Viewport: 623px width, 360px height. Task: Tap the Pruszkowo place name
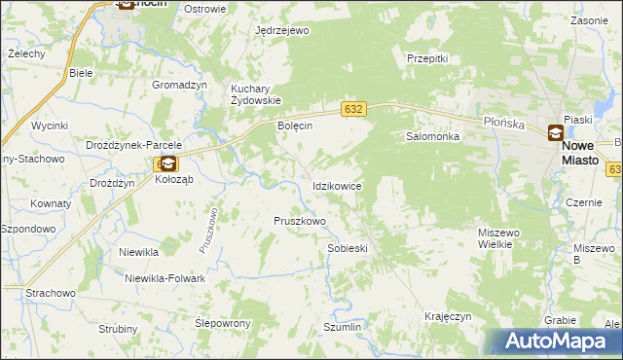299,221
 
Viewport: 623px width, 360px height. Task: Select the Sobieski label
348,248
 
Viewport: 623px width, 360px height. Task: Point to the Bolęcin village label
294,126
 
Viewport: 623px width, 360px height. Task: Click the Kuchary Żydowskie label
255,94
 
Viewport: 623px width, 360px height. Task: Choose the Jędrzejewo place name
281,31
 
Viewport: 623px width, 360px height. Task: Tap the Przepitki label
427,58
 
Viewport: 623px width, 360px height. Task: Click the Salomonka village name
432,137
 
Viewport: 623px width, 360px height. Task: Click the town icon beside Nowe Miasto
555,133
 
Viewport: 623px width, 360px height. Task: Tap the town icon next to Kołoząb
167,164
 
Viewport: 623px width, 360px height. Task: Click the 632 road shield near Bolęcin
353,109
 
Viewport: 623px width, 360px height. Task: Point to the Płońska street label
505,124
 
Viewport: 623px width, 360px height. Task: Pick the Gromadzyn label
180,85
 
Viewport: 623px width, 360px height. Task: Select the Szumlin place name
342,328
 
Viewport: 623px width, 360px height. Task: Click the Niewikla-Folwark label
165,278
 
